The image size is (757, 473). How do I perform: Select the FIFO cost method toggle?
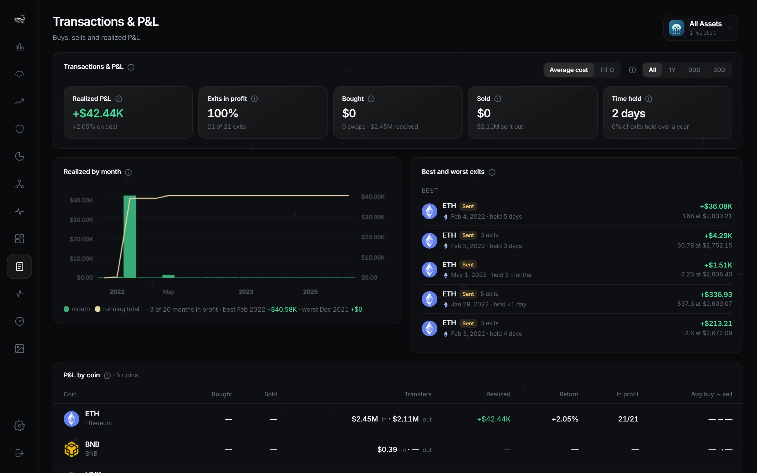point(607,70)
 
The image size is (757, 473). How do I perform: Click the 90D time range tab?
point(694,70)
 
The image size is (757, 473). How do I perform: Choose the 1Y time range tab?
point(672,70)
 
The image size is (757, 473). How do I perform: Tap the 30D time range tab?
point(719,70)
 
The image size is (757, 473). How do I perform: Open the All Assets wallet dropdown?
point(701,28)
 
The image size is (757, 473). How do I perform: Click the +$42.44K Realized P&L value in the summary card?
point(98,113)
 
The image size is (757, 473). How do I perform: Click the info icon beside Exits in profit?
point(255,99)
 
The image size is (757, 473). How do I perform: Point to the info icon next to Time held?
point(649,99)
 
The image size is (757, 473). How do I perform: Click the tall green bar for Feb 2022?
point(130,236)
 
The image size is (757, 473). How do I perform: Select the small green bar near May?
point(168,276)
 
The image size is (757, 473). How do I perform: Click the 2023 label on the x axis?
point(246,292)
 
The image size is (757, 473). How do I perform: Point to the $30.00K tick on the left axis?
point(81,220)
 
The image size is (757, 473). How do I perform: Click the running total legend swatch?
point(98,309)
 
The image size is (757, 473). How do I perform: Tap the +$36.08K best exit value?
point(716,206)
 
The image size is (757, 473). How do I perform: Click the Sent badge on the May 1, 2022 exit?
point(468,265)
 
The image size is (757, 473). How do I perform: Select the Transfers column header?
point(418,394)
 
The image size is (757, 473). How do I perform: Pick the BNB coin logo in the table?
point(71,449)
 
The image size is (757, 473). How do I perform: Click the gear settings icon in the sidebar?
point(19,425)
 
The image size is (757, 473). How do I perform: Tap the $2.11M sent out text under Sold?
point(500,127)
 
